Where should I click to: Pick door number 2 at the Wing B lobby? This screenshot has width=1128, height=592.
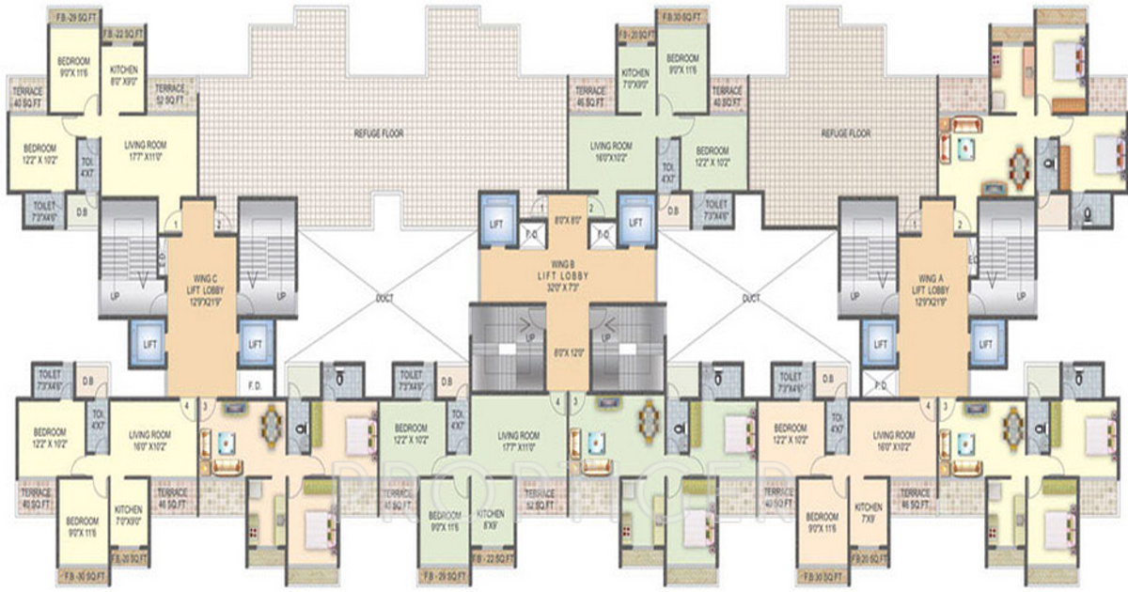click(590, 208)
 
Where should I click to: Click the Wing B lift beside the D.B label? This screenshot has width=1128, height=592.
click(635, 223)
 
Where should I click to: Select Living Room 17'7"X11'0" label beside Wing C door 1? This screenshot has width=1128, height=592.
click(146, 151)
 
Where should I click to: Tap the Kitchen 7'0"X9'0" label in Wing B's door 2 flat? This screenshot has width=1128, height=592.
click(635, 79)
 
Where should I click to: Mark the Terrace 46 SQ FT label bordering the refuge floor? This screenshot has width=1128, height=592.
click(589, 95)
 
